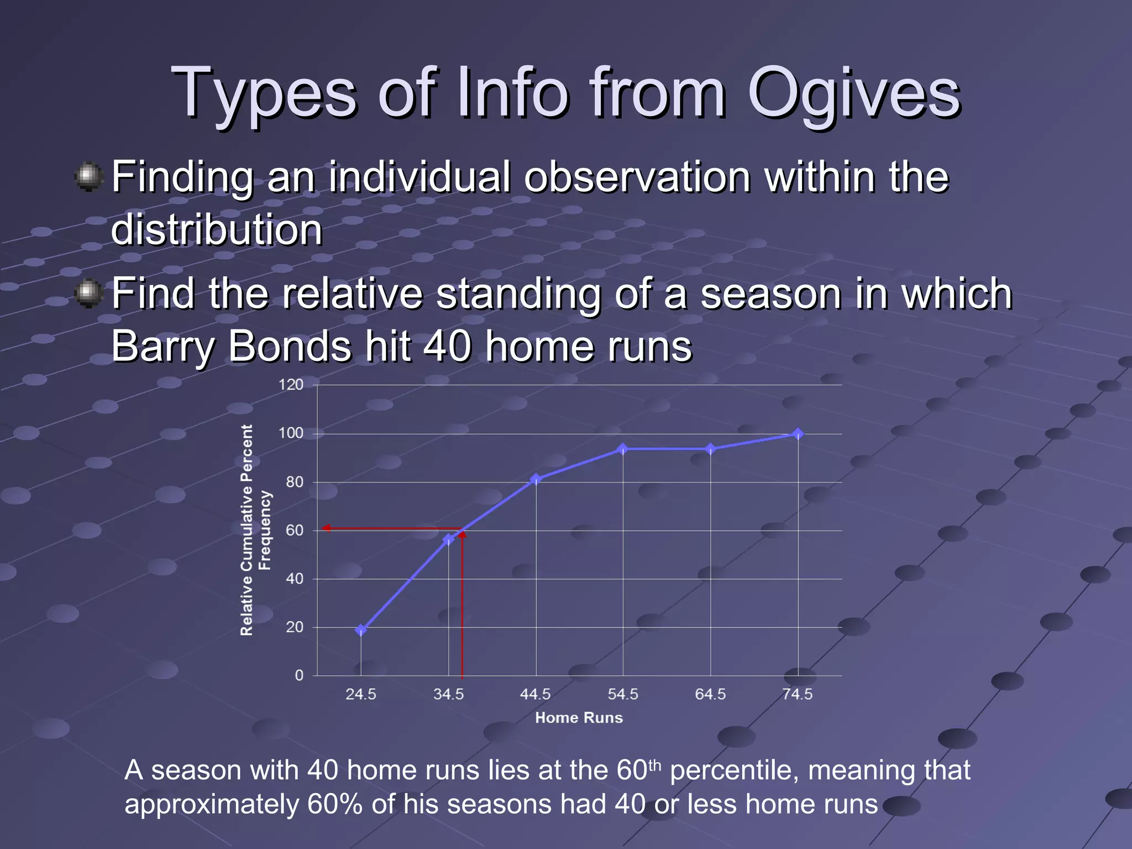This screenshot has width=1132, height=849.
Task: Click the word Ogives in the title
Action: tap(854, 94)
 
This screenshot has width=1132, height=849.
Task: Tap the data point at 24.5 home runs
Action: tap(361, 630)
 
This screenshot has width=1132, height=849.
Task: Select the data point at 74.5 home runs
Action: tap(798, 434)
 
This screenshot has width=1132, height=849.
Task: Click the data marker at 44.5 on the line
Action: tap(536, 479)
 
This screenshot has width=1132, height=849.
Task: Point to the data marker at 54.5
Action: tap(623, 449)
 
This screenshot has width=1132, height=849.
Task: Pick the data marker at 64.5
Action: tap(710, 449)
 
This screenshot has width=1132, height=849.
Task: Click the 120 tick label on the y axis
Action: tap(291, 385)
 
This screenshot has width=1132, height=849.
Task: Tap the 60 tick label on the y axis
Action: tap(295, 531)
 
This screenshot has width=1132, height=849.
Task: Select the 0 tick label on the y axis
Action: tap(299, 675)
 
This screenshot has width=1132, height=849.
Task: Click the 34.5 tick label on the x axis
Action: tap(448, 695)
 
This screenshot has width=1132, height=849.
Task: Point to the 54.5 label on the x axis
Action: tap(623, 695)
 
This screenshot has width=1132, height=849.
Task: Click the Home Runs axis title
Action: tap(579, 718)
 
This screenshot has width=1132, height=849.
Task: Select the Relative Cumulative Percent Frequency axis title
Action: tap(255, 530)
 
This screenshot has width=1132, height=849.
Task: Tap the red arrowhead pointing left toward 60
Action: tap(327, 528)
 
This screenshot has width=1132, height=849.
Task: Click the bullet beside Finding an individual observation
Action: tap(88, 177)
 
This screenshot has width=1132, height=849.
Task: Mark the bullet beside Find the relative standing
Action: tap(88, 293)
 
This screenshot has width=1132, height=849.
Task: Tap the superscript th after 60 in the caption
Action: tap(654, 766)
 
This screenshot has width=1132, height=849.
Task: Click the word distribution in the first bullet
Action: tap(217, 230)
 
